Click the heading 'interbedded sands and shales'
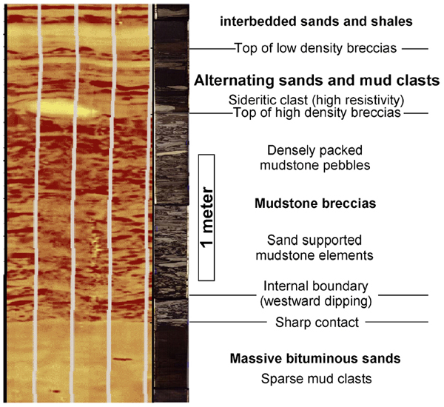tap(316, 21)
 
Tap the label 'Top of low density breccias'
tap(316, 48)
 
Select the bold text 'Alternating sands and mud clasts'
tap(317, 81)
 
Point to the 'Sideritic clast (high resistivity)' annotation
tap(316, 100)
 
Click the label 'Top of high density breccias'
tap(317, 112)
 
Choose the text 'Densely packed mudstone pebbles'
tap(315, 158)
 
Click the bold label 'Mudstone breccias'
tap(315, 203)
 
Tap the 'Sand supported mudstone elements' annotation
tap(314, 248)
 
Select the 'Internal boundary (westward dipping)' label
tap(316, 294)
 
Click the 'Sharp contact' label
tap(317, 323)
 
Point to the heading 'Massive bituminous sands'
tap(315, 358)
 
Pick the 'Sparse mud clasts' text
tap(316, 379)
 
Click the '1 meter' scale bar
tap(206, 218)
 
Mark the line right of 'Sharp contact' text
tap(397, 322)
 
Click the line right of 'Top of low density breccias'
tap(415, 49)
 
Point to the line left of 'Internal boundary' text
tap(223, 295)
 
